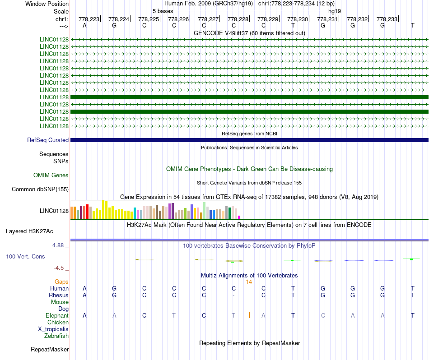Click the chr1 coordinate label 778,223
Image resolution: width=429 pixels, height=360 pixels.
coord(89,19)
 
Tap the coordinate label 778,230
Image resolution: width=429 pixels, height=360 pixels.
coord(298,19)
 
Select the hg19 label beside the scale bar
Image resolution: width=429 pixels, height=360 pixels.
coord(335,11)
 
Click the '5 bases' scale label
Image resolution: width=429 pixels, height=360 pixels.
coord(163,11)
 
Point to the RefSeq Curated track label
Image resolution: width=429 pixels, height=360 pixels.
coord(48,140)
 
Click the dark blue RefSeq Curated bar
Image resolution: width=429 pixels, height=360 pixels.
coord(249,140)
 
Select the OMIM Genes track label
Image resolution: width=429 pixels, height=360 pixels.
coord(51,175)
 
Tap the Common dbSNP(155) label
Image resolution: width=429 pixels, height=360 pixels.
coord(40,189)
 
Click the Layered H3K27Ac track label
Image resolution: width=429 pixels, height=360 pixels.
coord(29,231)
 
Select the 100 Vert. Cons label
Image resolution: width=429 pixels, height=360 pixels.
coord(25,256)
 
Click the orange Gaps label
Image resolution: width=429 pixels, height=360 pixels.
coord(61,282)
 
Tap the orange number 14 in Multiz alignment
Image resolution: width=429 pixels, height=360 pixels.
coord(249,282)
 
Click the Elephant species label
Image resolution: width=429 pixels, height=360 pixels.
coord(57,315)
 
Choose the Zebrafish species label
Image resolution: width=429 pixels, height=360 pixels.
coord(56,336)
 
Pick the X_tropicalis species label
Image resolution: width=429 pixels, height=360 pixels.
coord(53,329)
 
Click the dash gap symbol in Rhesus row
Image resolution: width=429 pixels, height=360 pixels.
coord(233,295)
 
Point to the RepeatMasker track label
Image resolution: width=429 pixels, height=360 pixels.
coord(50,349)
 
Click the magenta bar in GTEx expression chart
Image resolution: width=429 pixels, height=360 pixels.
coord(239,217)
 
